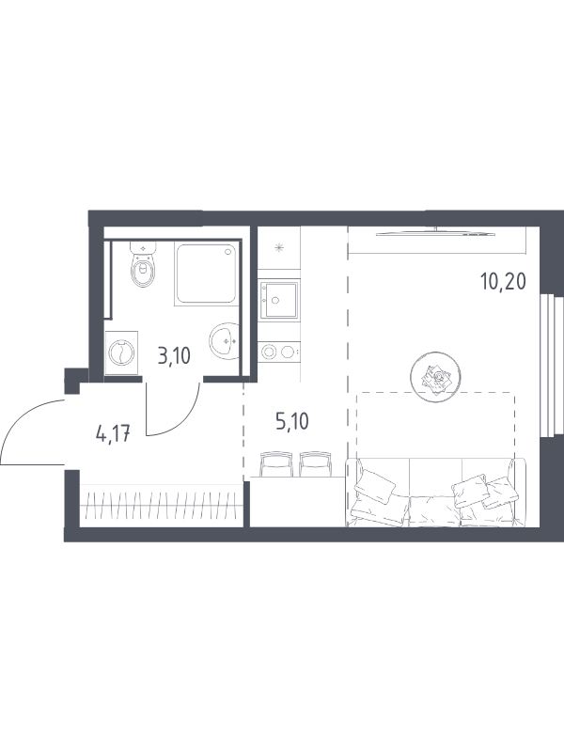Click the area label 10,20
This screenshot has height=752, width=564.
point(503,281)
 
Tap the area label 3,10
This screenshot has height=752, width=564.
point(174,356)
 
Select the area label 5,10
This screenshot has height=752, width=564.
point(291,421)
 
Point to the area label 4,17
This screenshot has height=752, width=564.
point(113,434)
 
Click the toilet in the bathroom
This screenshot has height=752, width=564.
point(144,265)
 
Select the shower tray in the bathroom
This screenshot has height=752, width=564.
point(206,273)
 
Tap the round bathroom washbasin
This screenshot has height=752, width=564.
point(223,340)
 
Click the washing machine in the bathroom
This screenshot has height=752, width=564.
point(121,353)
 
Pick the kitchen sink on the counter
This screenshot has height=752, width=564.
point(279,300)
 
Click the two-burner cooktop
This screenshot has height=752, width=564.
point(278,352)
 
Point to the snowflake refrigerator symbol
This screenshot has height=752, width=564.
point(278,248)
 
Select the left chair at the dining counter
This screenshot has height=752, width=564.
point(275,463)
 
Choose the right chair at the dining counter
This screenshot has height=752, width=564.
point(316,463)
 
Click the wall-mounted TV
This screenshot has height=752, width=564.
point(435,233)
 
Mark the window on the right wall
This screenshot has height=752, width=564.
point(551,367)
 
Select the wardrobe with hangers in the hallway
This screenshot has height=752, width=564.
point(161,506)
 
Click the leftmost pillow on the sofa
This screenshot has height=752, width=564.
point(374,486)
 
